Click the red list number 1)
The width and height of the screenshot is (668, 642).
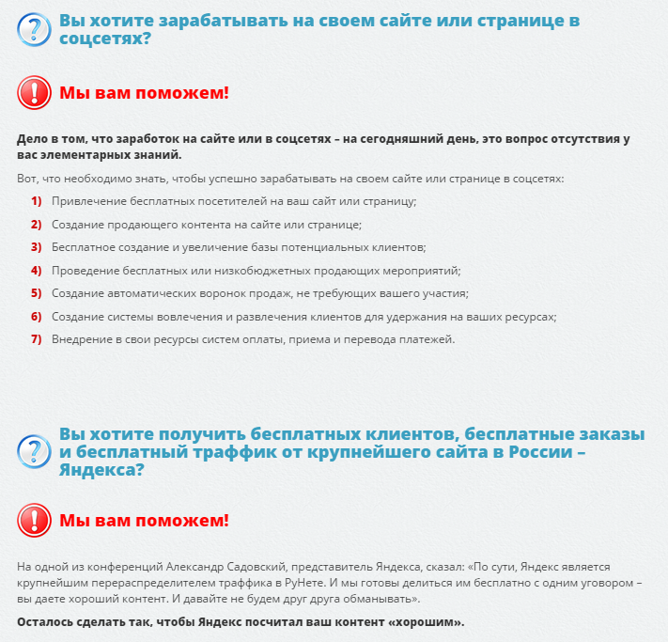pyautogui.click(x=37, y=201)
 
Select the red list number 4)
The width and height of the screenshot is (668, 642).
pyautogui.click(x=37, y=270)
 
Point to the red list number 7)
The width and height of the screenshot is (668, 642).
pyautogui.click(x=37, y=339)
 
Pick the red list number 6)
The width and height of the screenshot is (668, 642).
pyautogui.click(x=37, y=317)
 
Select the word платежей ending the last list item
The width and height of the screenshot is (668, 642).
pyautogui.click(x=429, y=339)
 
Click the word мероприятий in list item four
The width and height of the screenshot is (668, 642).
pyautogui.click(x=418, y=271)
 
